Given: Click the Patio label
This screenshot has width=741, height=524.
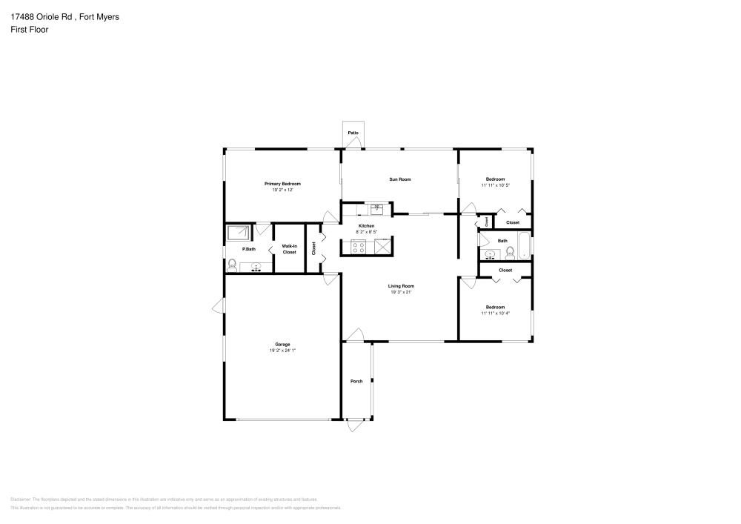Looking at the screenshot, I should (353, 133).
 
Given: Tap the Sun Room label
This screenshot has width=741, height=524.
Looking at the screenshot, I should (400, 179).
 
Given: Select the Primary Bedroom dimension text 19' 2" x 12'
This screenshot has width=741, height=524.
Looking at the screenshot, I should (282, 190).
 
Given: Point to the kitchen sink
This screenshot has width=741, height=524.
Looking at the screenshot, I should (377, 208).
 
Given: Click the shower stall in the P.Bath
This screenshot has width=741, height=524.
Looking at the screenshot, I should (239, 233).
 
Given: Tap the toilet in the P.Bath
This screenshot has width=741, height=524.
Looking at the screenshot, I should (231, 263).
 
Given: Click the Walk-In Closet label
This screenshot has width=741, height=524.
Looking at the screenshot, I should (289, 249).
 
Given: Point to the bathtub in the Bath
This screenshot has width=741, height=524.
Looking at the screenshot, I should (525, 245).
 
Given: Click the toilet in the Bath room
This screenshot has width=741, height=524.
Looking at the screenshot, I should (510, 254).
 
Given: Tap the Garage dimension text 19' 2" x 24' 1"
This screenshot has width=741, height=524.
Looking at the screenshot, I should (282, 351).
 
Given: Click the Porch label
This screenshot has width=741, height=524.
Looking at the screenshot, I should (356, 382).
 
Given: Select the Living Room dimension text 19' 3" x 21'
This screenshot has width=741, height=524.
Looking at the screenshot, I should (401, 292).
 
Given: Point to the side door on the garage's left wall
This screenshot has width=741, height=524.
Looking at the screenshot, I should (219, 305).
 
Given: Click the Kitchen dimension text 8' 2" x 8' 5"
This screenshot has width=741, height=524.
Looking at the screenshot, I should (366, 231).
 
